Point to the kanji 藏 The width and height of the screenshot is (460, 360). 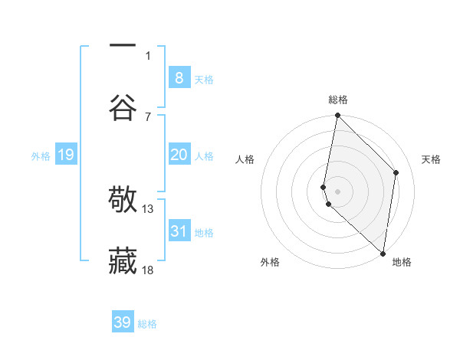click(x=123, y=261)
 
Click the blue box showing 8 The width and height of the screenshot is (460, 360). click(x=179, y=77)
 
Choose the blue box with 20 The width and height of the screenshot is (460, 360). click(x=179, y=155)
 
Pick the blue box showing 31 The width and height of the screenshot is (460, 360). click(x=179, y=231)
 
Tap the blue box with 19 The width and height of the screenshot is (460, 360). click(x=65, y=155)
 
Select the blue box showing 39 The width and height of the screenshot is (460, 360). click(x=123, y=322)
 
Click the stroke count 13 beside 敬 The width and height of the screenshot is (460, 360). click(x=148, y=208)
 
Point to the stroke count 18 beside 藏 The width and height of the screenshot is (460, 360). click(x=148, y=269)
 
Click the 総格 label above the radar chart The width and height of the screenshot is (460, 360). click(x=338, y=100)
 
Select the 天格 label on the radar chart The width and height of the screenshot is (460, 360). click(x=432, y=159)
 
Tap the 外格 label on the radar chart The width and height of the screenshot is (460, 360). click(x=270, y=262)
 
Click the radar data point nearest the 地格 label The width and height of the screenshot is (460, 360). click(x=383, y=253)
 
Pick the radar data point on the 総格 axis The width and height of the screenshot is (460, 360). click(x=337, y=116)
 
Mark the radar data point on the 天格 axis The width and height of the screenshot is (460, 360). click(x=396, y=172)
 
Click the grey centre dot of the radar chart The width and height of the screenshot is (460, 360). click(x=337, y=190)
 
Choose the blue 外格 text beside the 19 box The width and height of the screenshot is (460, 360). click(x=41, y=155)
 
